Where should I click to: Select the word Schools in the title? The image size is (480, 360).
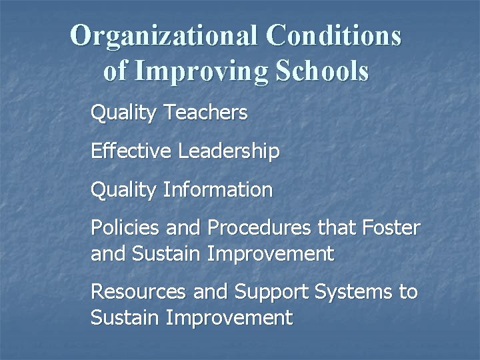click(x=317, y=71)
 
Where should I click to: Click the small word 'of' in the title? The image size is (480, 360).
click(x=114, y=71)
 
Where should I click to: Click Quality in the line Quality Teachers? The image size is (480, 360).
click(x=123, y=114)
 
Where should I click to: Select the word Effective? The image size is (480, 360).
click(x=131, y=151)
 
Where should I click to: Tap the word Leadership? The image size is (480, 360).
click(x=229, y=152)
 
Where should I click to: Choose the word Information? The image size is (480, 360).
click(x=217, y=190)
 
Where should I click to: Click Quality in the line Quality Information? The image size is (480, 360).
click(x=123, y=191)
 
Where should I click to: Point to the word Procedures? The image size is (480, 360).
click(x=259, y=228)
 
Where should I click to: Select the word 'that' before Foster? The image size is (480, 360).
click(x=335, y=228)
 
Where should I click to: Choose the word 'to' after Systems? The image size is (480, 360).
click(x=408, y=293)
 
